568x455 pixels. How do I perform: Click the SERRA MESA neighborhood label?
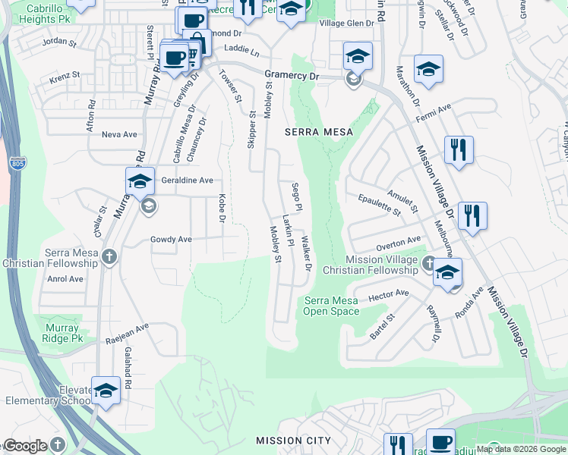[x=319, y=132]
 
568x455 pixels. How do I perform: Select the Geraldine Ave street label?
[x=187, y=180]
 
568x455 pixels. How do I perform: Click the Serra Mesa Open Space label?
[x=331, y=306]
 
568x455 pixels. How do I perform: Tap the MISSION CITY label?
[x=293, y=441]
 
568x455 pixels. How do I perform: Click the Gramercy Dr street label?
[x=292, y=76]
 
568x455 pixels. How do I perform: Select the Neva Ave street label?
[x=119, y=134]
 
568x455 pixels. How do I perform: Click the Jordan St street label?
[x=60, y=43]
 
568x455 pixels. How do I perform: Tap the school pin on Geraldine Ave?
[x=140, y=183]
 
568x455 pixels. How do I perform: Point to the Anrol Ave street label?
[x=65, y=279]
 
